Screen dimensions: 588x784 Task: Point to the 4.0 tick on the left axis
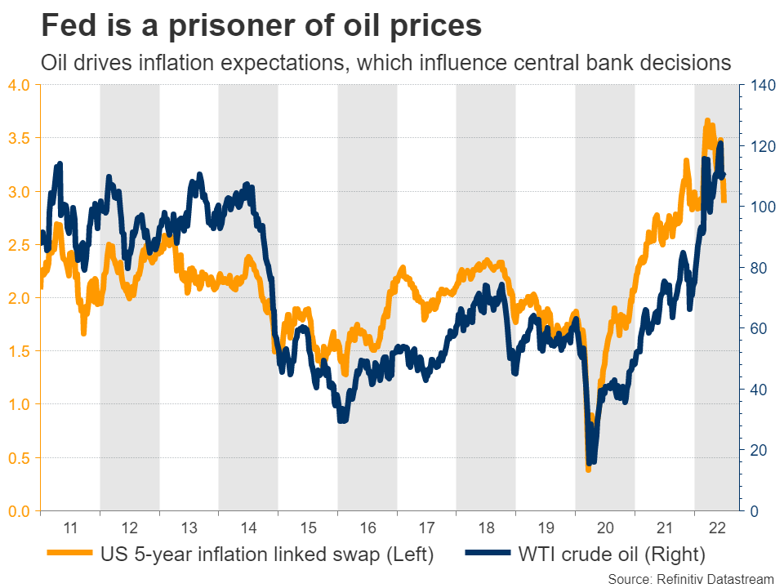coord(19,85)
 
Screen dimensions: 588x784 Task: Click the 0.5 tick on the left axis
coord(19,458)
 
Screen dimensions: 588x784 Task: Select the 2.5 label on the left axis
coord(19,245)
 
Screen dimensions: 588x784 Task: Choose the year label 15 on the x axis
coord(307,527)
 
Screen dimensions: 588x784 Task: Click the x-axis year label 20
coord(604,527)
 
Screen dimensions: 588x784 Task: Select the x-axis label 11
coord(70,527)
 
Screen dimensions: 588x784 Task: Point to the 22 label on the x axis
coord(716,527)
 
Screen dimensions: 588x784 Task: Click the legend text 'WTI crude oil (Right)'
coord(612,555)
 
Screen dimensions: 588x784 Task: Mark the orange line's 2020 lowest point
coord(588,469)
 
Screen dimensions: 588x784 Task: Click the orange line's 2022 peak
coord(707,121)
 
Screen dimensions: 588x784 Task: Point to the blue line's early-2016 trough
coord(342,419)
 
